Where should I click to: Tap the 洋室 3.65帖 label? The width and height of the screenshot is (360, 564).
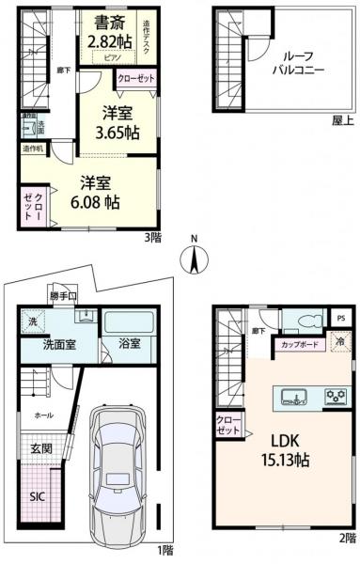[120, 122]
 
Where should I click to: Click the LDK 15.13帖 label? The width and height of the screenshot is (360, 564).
[281, 450]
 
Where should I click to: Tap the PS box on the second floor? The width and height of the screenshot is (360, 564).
[343, 317]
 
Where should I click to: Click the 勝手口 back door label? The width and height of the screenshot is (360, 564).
[63, 298]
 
